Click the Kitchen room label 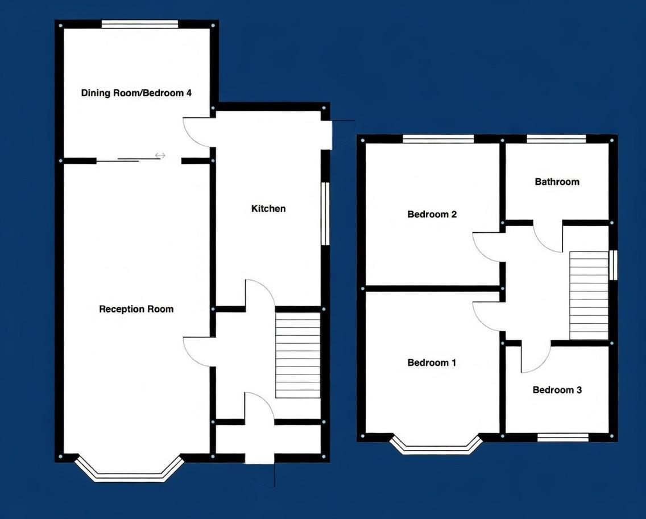(268, 209)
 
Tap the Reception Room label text (136, 310)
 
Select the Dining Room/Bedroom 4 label (136, 93)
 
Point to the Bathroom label (557, 182)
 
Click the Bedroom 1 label (432, 363)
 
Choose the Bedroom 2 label (432, 215)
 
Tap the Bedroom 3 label (557, 390)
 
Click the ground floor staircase (298, 355)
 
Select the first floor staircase (589, 295)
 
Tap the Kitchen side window (325, 213)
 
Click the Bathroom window (556, 138)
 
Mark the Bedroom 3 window (563, 437)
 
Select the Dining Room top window (139, 24)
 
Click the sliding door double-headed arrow (160, 155)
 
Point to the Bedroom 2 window (438, 138)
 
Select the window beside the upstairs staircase (613, 265)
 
